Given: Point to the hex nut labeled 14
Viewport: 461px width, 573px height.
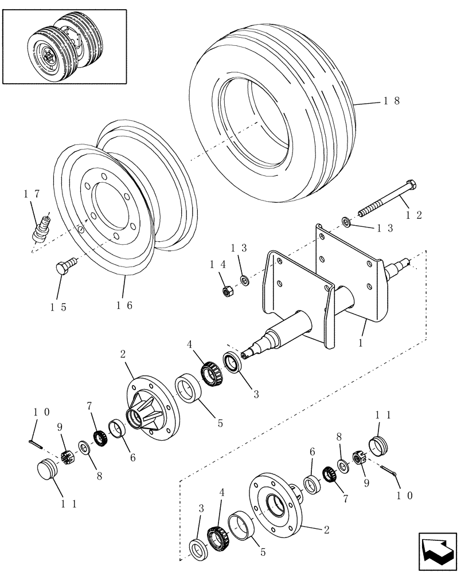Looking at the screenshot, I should click(x=226, y=291).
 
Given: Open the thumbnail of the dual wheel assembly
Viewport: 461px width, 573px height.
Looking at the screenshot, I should click(x=64, y=45).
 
